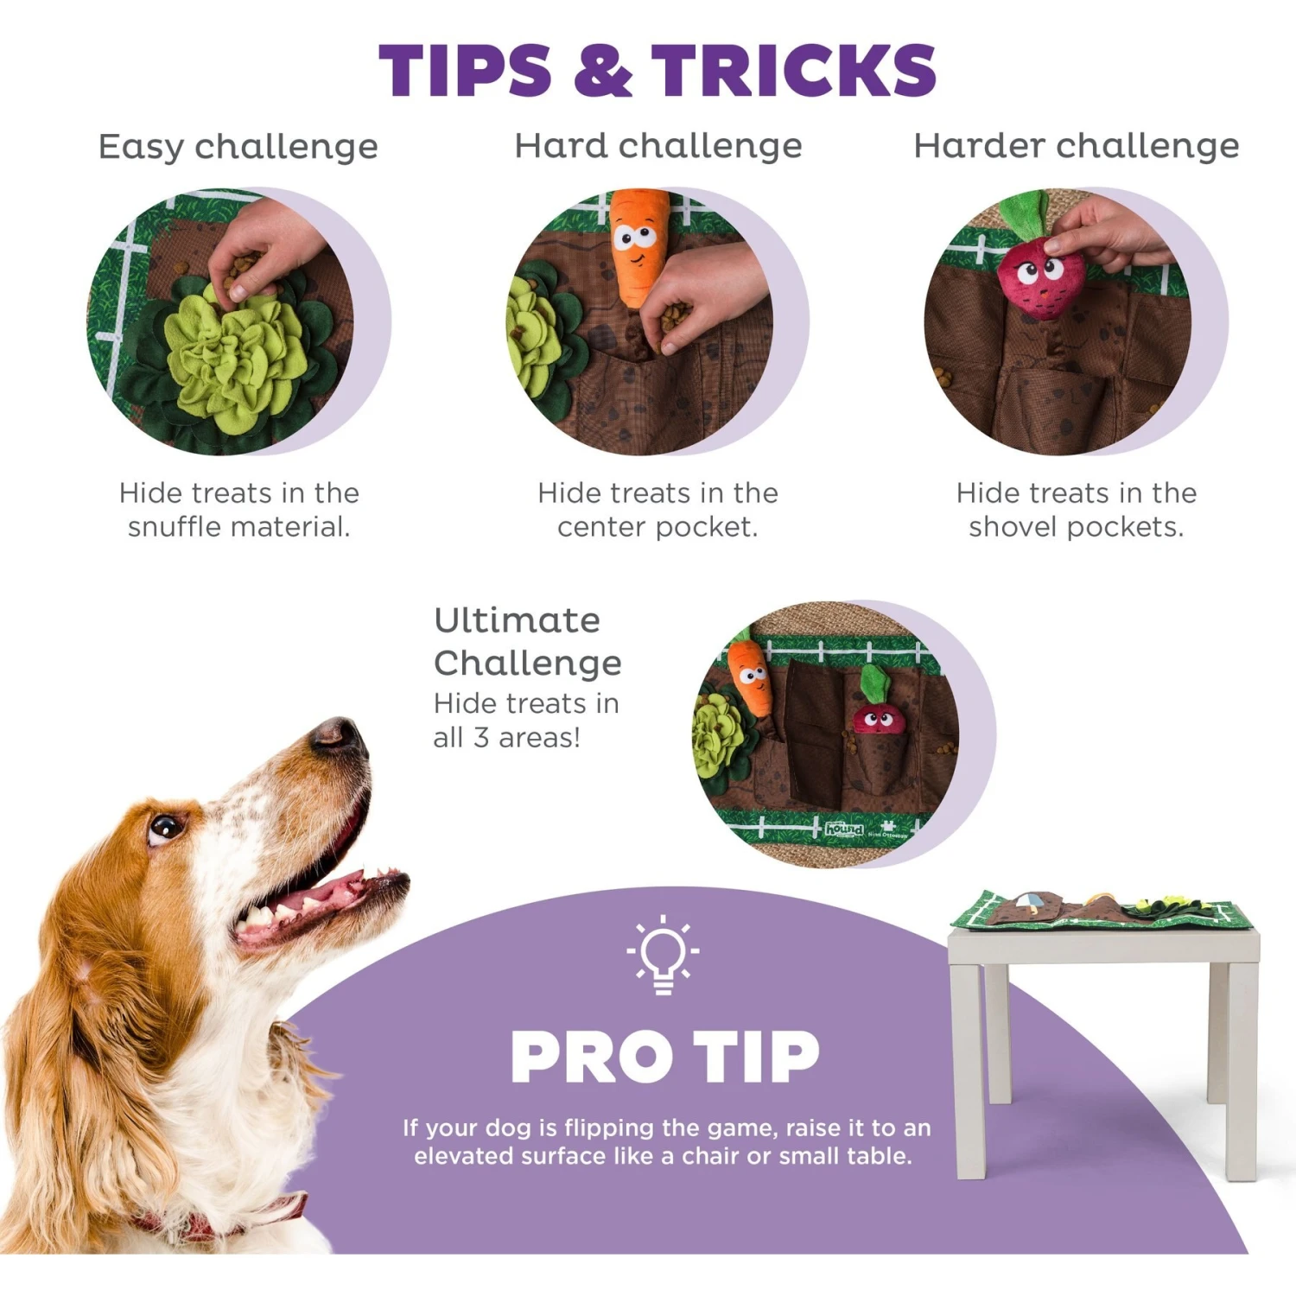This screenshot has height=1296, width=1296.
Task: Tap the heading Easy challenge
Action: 238,147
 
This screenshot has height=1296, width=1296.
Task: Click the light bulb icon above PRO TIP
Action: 663,953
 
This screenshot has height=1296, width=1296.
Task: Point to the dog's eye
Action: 164,828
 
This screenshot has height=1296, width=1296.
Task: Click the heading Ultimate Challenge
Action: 527,641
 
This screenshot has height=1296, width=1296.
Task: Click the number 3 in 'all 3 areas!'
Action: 481,738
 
